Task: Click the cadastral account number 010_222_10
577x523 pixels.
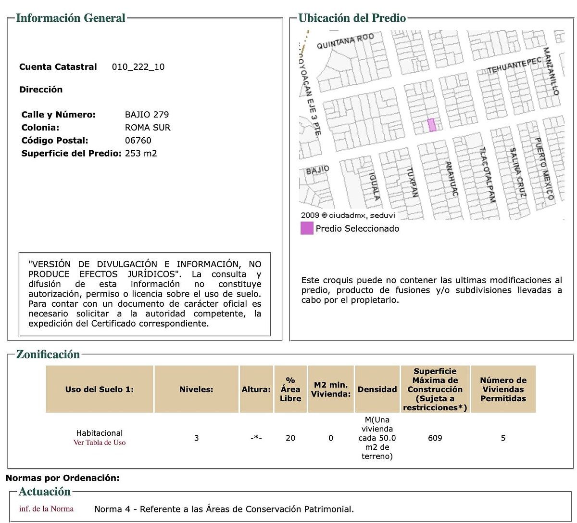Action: point(138,67)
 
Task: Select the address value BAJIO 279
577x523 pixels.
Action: point(147,115)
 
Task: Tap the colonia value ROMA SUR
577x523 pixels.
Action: point(148,128)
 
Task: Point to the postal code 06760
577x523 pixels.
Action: point(138,141)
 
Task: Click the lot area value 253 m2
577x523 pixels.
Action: point(141,154)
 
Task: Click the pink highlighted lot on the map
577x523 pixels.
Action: point(432,125)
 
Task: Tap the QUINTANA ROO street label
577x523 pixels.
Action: point(345,41)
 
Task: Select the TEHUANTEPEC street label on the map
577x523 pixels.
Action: point(514,66)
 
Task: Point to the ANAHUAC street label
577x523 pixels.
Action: point(451,178)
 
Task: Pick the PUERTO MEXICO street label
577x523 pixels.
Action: point(544,169)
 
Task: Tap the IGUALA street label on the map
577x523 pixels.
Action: point(374,186)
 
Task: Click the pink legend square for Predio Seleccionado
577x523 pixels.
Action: point(307,228)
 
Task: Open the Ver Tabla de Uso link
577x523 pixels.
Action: point(100,443)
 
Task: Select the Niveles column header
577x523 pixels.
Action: point(196,389)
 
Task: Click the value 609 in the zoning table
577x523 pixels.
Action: point(435,438)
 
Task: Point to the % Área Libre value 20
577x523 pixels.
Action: point(290,438)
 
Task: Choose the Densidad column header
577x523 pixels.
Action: point(377,389)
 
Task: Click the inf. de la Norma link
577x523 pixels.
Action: point(47,509)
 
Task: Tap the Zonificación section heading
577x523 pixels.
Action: point(48,355)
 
